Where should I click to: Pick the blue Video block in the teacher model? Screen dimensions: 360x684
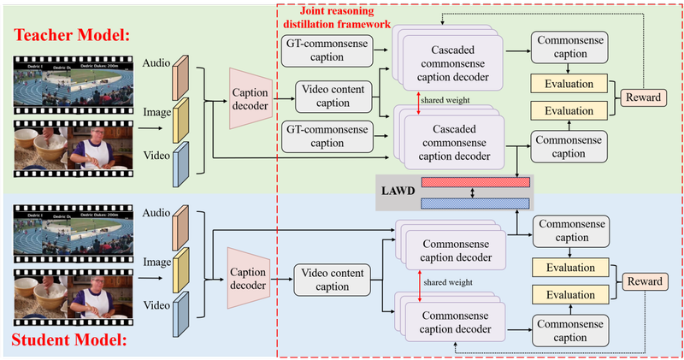(x=181, y=162)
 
